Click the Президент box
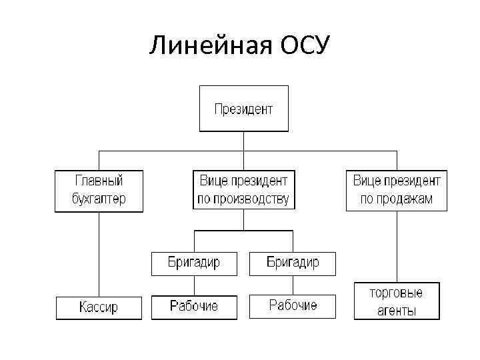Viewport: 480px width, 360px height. (x=244, y=108)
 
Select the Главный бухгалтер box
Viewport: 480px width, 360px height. (x=99, y=190)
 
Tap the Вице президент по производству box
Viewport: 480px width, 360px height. (x=244, y=190)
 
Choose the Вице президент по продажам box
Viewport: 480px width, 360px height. (x=396, y=190)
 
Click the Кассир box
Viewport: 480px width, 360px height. (x=99, y=307)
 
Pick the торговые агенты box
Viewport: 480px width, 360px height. (x=396, y=301)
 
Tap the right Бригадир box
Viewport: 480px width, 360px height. (x=293, y=263)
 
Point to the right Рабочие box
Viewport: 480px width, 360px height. (x=293, y=306)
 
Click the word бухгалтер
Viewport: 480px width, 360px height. (x=99, y=199)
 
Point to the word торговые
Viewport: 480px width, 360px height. (x=396, y=293)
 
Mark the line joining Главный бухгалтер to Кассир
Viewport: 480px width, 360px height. (x=99, y=253)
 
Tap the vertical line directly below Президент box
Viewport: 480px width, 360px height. (x=244, y=141)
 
